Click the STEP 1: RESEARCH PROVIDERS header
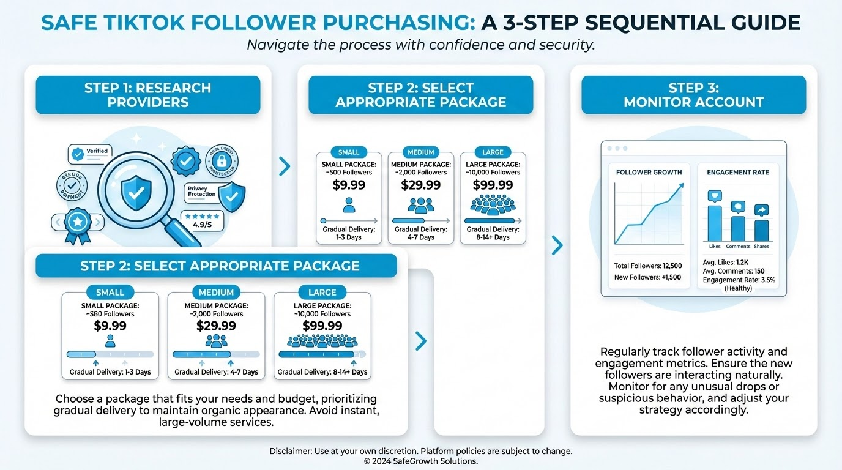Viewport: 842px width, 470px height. [147, 95]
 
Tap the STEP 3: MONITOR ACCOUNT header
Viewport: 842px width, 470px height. [693, 95]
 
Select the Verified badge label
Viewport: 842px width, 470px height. [97, 151]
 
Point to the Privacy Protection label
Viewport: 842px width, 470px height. [202, 192]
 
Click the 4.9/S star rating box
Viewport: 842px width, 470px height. [203, 220]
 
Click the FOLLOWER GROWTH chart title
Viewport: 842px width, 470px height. [649, 173]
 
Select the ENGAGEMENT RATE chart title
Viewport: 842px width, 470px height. [738, 173]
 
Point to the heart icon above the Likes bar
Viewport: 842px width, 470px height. [715, 196]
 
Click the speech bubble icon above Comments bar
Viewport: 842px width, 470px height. [738, 207]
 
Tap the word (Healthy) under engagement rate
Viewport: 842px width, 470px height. [738, 288]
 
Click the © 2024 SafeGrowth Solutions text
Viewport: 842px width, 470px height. [420, 461]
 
